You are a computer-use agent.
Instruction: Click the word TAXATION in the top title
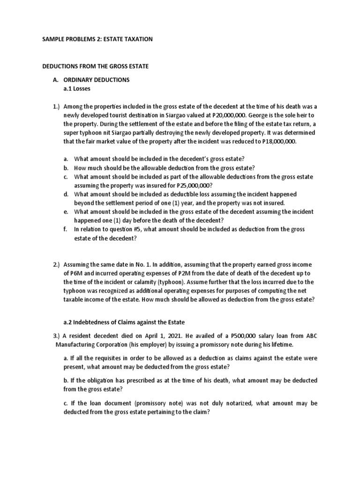[135, 39]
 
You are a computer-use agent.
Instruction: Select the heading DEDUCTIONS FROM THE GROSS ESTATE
[96, 67]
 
